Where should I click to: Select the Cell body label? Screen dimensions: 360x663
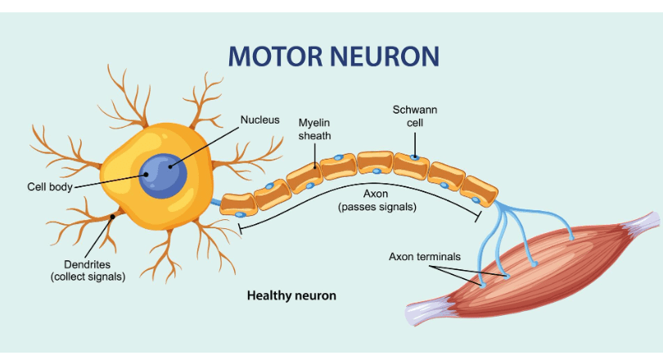point(50,186)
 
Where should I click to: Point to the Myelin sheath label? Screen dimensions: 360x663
point(314,129)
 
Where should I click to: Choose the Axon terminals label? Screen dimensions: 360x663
point(424,256)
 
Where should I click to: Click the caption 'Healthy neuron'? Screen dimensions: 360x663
point(291,295)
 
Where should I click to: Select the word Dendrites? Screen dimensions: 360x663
point(88,264)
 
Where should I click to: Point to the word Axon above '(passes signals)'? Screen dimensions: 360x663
point(377,195)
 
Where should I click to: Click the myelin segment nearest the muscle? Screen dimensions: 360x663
point(479,190)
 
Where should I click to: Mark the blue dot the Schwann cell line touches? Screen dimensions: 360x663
point(416,155)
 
